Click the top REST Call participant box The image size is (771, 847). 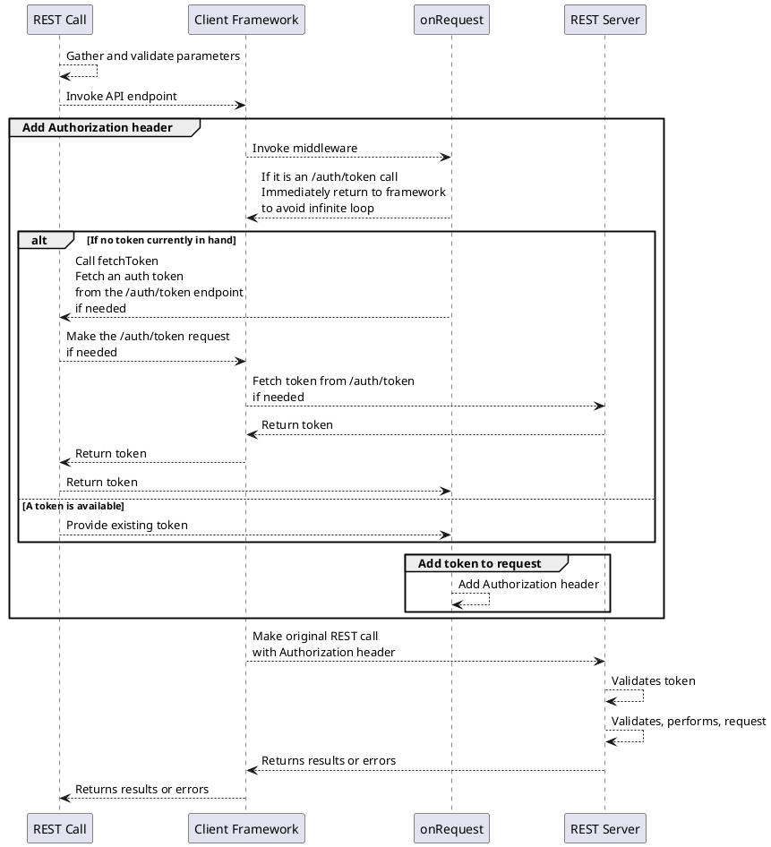coord(60,20)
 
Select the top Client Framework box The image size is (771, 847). coord(246,20)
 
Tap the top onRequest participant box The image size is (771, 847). coord(451,20)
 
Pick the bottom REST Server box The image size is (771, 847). coord(605,828)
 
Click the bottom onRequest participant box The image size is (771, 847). coord(451,828)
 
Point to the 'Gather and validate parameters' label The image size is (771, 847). coord(153,56)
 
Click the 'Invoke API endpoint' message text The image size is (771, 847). coord(122,96)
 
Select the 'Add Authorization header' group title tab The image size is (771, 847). coord(98,127)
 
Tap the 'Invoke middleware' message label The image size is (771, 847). coord(304,148)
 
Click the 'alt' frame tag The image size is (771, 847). coord(39,240)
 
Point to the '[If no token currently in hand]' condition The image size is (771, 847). coord(161,240)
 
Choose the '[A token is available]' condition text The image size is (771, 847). coord(73,506)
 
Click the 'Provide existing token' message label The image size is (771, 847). coord(127,525)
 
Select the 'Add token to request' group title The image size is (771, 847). coord(479,563)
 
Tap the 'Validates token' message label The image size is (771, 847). coord(653,681)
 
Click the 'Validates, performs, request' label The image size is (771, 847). coord(689,722)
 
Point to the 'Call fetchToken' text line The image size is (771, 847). coord(116,261)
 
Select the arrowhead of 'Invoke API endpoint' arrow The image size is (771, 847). coord(241,106)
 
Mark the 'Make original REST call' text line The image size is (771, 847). coord(315,637)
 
